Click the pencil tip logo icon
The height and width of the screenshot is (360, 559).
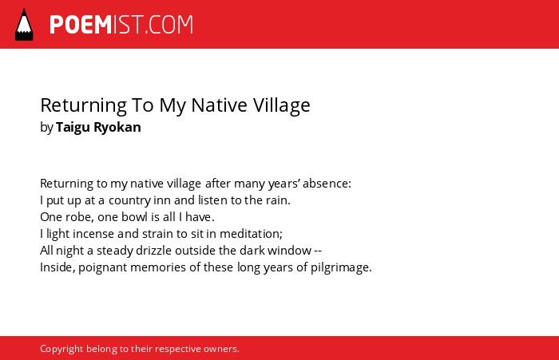coord(24,25)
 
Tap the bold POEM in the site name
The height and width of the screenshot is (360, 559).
coord(81,25)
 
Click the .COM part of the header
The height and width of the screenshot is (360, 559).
coord(169,25)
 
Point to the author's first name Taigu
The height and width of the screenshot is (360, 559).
coord(73,128)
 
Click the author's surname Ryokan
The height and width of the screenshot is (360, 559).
coord(117,128)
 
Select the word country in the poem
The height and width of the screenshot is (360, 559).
coord(129,200)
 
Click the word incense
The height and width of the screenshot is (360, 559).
coord(93,233)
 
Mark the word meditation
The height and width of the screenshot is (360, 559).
coord(251,233)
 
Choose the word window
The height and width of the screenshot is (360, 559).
coord(290,250)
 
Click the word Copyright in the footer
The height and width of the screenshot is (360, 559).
coord(61,349)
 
